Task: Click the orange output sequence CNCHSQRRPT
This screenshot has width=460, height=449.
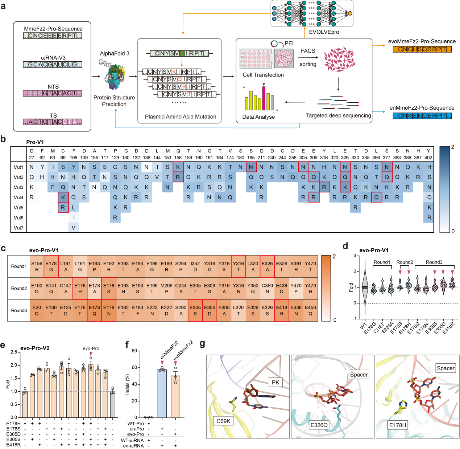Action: [422, 49]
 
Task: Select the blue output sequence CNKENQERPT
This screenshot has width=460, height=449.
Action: [422, 116]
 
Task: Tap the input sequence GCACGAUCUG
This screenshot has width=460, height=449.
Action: [53, 65]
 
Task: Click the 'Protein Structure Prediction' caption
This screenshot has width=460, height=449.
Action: [114, 101]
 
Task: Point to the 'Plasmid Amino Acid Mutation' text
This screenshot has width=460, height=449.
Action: [181, 117]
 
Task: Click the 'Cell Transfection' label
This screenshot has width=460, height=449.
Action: [263, 75]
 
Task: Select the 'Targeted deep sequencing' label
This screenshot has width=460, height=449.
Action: [339, 115]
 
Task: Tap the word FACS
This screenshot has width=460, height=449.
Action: [308, 51]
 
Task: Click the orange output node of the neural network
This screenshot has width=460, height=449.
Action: [350, 13]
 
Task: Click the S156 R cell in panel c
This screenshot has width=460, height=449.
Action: [37, 267]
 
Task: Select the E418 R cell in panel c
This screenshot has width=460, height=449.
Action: [282, 310]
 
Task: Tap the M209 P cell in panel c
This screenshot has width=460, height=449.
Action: [166, 289]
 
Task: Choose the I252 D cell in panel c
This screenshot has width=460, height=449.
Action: [195, 267]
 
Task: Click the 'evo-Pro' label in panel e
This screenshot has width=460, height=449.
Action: [91, 348]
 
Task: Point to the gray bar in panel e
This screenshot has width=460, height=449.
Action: [113, 405]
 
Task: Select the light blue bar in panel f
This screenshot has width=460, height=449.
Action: [162, 394]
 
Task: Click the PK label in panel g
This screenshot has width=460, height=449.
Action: [275, 382]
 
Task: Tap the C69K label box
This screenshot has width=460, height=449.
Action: [223, 421]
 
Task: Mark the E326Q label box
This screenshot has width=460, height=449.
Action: [319, 425]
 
